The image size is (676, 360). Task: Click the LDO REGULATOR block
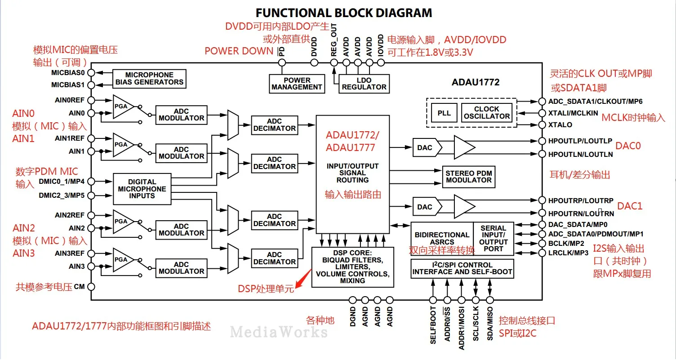(364, 84)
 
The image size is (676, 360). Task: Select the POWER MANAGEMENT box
(297, 84)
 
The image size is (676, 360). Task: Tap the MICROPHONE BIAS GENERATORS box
(149, 79)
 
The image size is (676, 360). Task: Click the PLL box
(444, 113)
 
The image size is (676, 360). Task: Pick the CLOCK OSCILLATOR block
(486, 113)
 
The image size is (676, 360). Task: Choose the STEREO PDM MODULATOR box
(469, 177)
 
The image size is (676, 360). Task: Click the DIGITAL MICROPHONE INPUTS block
(142, 189)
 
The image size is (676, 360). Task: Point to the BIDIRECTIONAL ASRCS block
(442, 239)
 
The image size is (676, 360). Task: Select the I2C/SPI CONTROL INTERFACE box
(462, 269)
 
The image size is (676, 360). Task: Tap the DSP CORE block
(352, 267)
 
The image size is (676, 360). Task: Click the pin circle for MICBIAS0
(91, 73)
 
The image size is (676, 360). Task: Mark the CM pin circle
(91, 287)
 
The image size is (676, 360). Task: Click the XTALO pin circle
(543, 124)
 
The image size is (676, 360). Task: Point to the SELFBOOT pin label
(433, 325)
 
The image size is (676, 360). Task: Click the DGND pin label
(353, 317)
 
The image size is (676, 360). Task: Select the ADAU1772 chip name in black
(476, 82)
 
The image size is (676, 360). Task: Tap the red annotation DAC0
(628, 146)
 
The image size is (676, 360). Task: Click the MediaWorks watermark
(279, 332)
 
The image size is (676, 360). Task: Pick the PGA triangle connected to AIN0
(123, 107)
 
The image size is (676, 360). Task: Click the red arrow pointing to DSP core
(303, 279)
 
